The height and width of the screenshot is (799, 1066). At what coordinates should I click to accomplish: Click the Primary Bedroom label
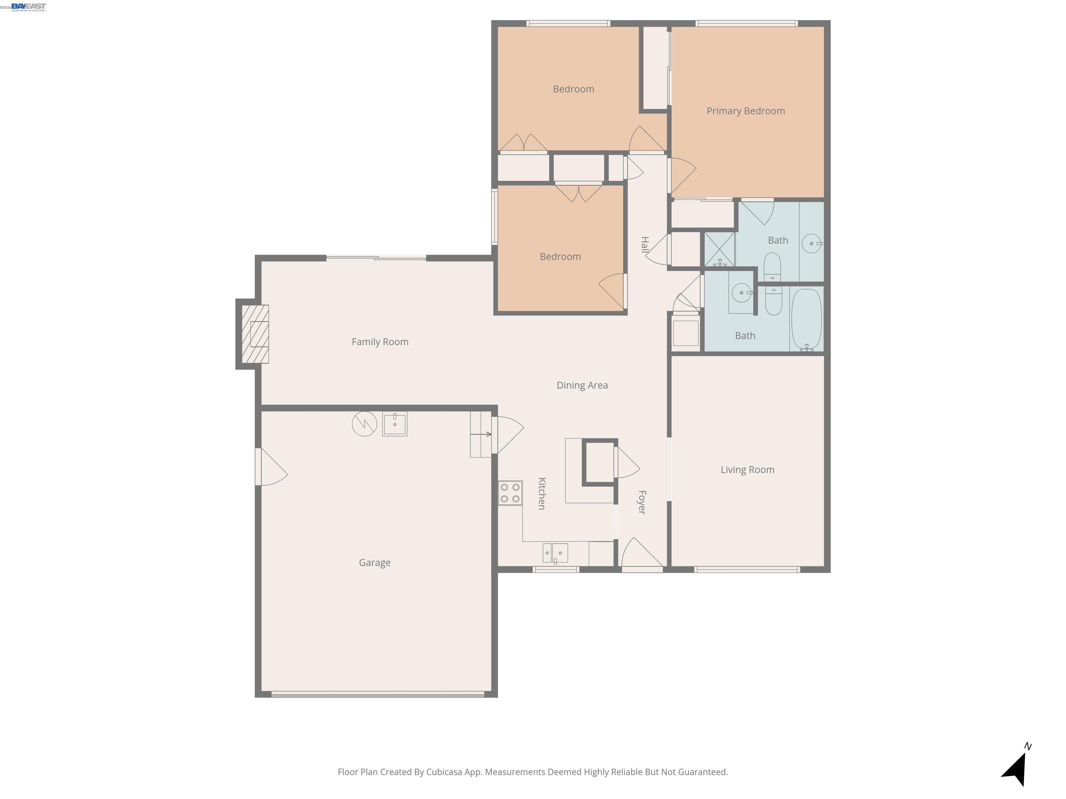[x=745, y=111]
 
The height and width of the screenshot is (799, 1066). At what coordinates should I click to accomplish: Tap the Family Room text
[x=380, y=342]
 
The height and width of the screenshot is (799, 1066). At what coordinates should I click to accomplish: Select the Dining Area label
[x=582, y=385]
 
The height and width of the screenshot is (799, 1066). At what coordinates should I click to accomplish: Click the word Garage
[x=374, y=562]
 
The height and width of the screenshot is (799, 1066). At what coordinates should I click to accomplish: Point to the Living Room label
[x=747, y=470]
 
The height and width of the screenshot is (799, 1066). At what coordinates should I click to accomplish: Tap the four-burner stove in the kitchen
[x=510, y=493]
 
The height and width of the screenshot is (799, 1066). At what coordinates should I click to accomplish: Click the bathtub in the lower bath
[x=806, y=319]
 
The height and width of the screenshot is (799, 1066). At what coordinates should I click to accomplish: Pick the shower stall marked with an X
[x=719, y=249]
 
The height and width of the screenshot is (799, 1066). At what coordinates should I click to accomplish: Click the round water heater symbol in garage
[x=364, y=424]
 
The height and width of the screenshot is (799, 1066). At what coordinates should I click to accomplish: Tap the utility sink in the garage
[x=395, y=424]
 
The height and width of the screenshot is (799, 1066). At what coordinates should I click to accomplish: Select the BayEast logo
[x=28, y=7]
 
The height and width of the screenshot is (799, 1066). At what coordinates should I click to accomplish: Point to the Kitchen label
[x=542, y=494]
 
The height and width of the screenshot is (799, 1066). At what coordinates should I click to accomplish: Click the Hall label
[x=645, y=245]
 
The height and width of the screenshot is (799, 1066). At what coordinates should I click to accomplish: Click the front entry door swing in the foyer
[x=641, y=555]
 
